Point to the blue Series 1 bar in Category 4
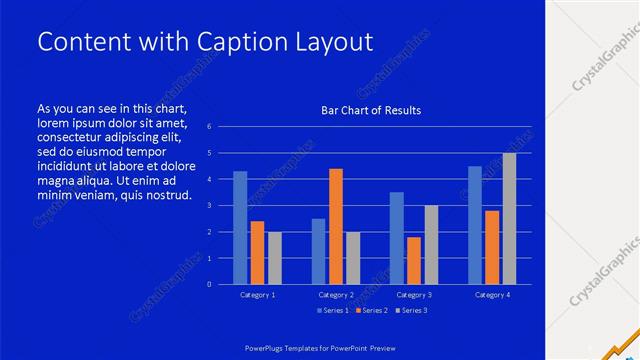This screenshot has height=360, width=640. [475, 225]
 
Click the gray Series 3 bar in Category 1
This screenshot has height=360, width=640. [275, 258]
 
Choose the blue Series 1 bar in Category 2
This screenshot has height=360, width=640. [318, 251]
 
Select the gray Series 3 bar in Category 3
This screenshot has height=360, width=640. [431, 245]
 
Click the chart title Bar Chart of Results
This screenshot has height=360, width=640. [371, 110]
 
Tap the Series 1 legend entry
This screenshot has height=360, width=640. [333, 311]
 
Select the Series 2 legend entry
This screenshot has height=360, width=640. [371, 311]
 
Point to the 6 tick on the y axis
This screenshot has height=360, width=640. [209, 127]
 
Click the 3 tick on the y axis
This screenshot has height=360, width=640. [209, 205]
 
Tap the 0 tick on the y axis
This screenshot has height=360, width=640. [209, 284]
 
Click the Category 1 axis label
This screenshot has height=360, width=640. [258, 295]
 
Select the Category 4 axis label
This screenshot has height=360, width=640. [492, 295]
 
